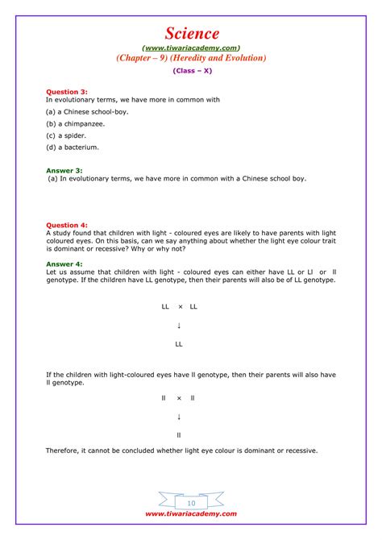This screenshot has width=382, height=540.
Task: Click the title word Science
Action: tap(191, 33)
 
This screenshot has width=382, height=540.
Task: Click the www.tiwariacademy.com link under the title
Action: tap(191, 48)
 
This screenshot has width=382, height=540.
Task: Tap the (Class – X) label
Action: tap(190, 71)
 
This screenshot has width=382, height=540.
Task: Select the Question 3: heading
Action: tap(65, 92)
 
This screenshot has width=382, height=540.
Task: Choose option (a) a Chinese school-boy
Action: tap(87, 111)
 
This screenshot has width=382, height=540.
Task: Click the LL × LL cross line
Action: tap(179, 307)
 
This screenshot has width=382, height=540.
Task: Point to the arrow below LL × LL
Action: tap(179, 326)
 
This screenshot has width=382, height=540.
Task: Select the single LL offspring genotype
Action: tap(179, 344)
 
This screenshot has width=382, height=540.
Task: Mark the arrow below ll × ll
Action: tap(179, 417)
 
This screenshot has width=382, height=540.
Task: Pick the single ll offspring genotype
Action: tap(179, 435)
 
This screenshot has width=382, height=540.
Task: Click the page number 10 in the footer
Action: tap(191, 503)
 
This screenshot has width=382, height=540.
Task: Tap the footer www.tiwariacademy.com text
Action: tap(191, 513)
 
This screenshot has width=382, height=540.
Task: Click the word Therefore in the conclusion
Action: tap(64, 451)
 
